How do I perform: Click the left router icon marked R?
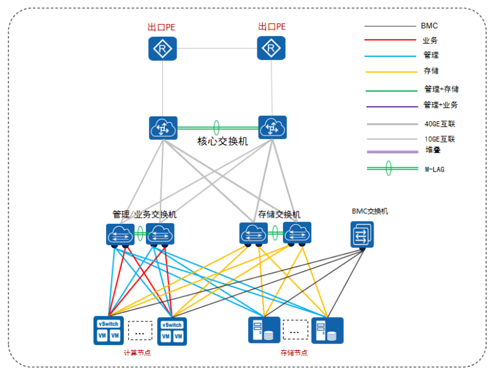coord(162,48)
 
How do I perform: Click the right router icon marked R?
coord(271,48)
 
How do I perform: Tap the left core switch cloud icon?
coord(163,128)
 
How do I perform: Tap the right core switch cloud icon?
coord(272,128)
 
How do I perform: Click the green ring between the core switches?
coord(216,128)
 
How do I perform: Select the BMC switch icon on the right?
coord(362,234)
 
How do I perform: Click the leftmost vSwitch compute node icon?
coord(108,330)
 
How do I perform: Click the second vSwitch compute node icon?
coord(172,330)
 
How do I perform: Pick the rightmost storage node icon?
coord(327,330)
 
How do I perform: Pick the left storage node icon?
coord(264,330)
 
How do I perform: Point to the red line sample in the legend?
coord(390,40)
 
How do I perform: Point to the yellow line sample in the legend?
coord(390,72)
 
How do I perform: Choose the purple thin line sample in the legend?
coord(390,107)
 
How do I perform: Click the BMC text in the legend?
coord(429,26)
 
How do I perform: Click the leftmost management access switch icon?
coord(120,234)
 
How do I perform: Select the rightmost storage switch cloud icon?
coord(297,233)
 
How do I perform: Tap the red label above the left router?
coord(162,27)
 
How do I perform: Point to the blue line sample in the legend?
coord(390,56)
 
